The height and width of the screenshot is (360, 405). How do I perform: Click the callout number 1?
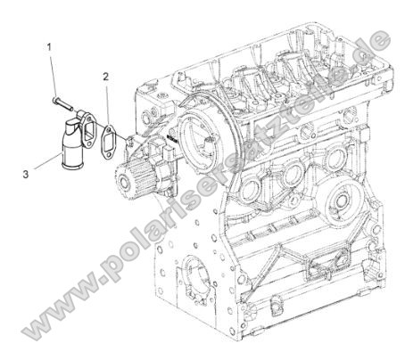point(51,45)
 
